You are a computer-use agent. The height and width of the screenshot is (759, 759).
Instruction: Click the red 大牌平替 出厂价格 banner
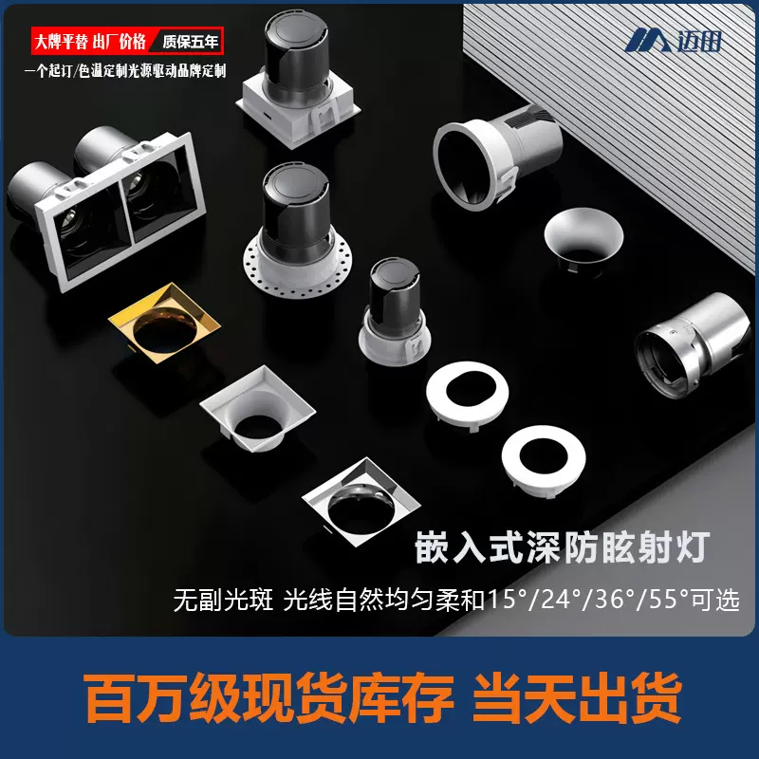(90, 42)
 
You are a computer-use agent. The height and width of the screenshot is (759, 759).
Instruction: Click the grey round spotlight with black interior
(493, 161)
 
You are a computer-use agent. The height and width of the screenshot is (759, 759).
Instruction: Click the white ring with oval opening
(467, 397)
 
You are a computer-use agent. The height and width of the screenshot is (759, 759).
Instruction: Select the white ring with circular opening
(542, 460)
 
